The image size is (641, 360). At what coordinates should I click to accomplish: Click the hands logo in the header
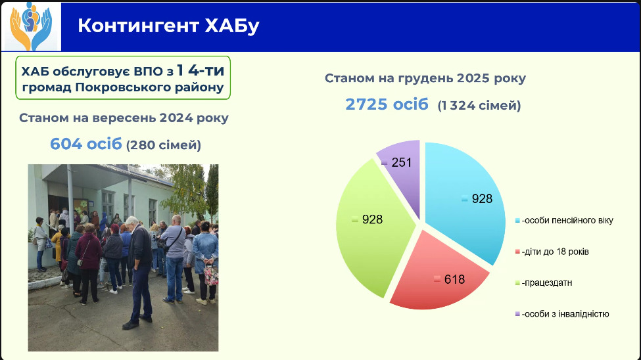coord(32,26)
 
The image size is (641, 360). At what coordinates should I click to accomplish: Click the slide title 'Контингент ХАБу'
coord(168,26)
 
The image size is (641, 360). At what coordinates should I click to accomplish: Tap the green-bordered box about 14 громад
coord(123,78)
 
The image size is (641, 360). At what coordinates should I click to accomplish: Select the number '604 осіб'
coord(86,144)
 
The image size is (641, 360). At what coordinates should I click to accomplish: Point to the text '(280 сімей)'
coord(164,145)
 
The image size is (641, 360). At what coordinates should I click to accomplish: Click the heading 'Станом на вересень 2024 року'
coord(124,118)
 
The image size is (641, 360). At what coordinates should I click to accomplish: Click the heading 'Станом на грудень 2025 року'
coord(425,78)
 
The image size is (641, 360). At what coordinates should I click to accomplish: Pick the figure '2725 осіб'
coord(387,104)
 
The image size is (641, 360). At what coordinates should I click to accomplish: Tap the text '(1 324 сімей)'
coord(479,105)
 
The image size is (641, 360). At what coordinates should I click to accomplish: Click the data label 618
coord(454,279)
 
